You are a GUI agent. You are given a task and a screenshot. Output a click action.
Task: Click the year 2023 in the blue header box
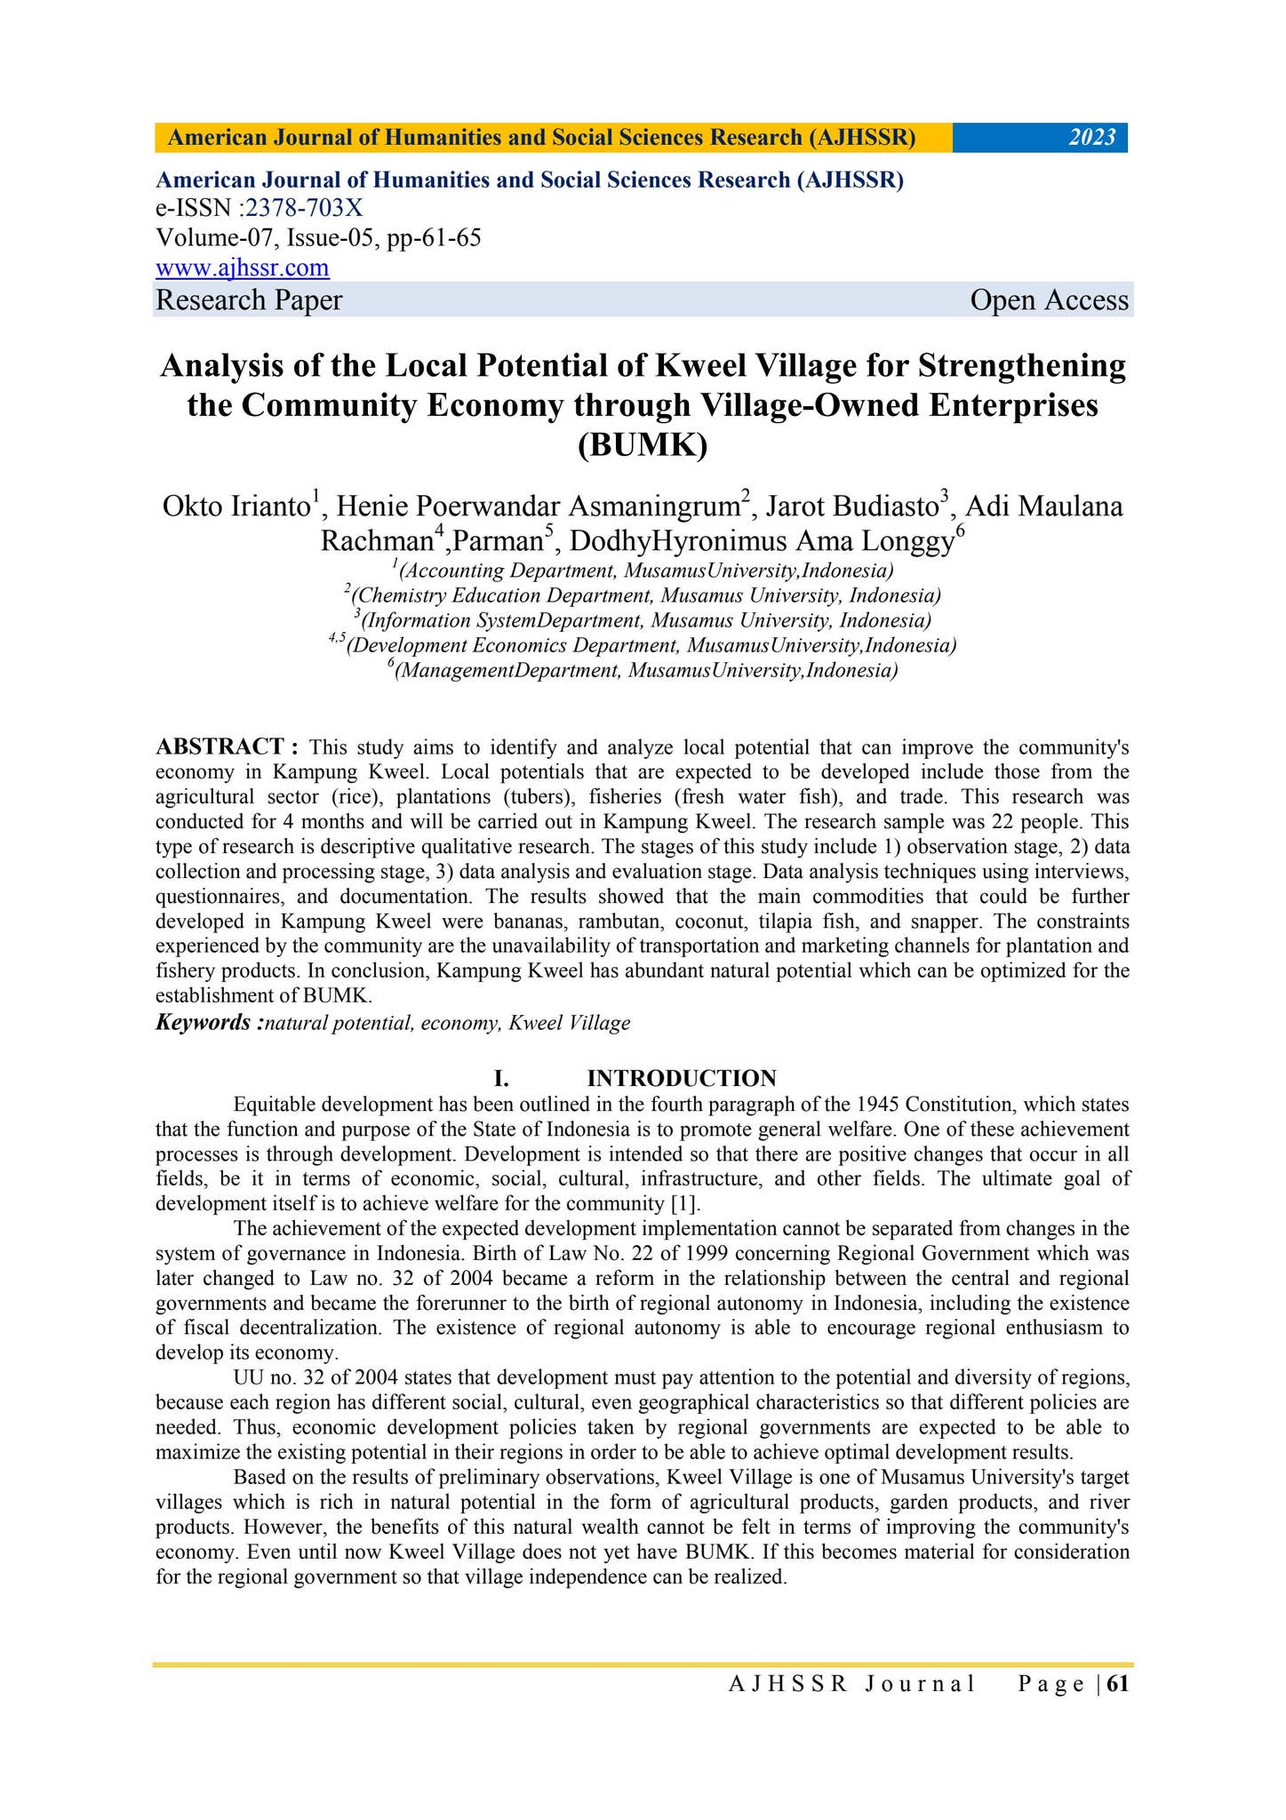coord(1091,138)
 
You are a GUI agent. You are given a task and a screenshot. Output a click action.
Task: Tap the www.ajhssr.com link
coord(243,267)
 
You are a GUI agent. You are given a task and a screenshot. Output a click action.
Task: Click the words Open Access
coord(1049,300)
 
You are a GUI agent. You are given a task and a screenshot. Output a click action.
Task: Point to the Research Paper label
coord(249,300)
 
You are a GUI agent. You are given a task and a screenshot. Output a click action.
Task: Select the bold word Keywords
coord(207,1023)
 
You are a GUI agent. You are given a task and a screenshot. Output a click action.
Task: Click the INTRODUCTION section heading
coord(682,1079)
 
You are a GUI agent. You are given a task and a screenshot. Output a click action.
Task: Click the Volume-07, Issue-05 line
coord(318,238)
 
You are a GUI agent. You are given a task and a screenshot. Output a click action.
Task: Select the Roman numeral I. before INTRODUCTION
coord(501,1079)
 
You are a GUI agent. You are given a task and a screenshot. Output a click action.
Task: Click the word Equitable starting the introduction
coord(273,1105)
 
